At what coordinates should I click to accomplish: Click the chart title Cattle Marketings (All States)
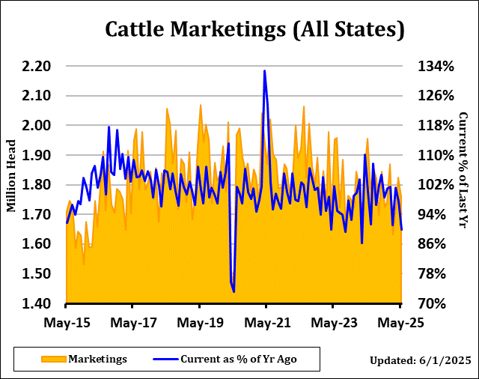[x=254, y=29]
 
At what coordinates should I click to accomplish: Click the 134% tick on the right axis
[x=436, y=67]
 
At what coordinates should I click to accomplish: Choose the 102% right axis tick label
[x=436, y=185]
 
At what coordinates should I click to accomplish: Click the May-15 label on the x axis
[x=67, y=324]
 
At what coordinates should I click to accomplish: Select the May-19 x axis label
[x=200, y=324]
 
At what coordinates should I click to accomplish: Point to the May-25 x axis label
[x=400, y=324]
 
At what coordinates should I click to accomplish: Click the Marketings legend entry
[x=98, y=360]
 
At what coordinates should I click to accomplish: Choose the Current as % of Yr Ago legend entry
[x=238, y=360]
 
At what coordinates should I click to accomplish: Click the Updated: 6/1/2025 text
[x=420, y=361]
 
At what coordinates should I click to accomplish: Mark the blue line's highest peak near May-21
[x=264, y=71]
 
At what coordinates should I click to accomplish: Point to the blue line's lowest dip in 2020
[x=234, y=291]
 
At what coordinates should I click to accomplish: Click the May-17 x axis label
[x=133, y=324]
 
